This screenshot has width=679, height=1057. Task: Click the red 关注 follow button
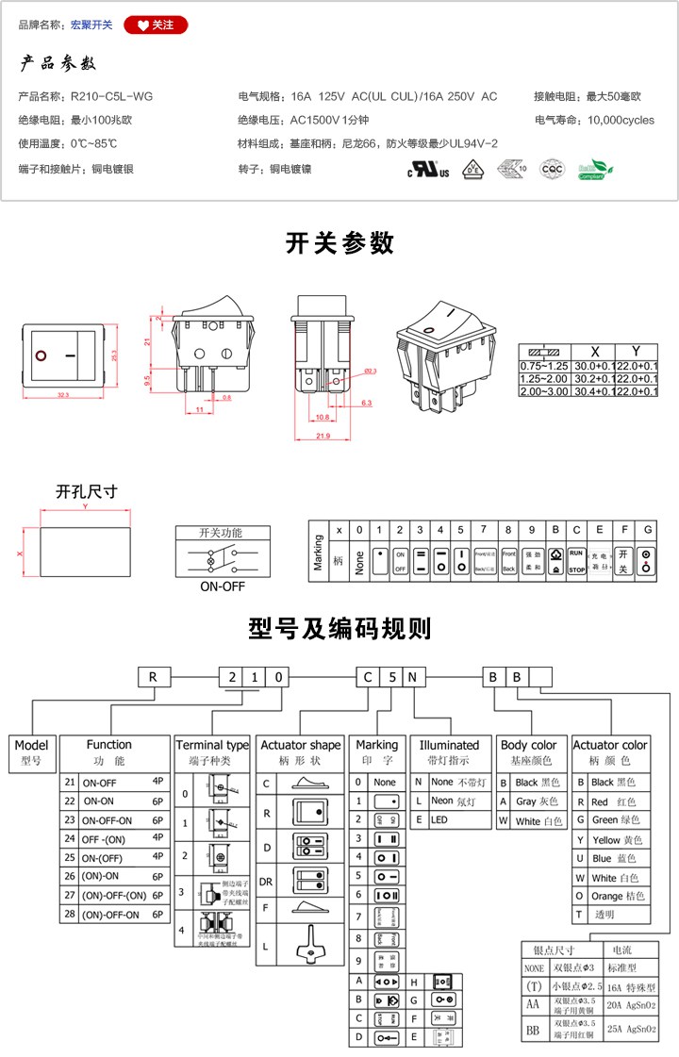[x=156, y=25]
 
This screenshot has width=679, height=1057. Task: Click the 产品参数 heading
[x=58, y=64]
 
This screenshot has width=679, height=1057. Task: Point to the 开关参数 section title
[x=339, y=243]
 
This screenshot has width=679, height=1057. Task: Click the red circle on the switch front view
[x=41, y=356]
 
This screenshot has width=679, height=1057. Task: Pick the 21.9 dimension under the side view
[x=323, y=435]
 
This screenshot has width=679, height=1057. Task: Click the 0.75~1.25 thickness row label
[x=544, y=365]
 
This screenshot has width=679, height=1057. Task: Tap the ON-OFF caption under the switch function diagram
[x=222, y=586]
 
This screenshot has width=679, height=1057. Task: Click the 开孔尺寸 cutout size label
[x=87, y=492]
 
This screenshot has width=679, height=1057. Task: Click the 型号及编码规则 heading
[x=339, y=629]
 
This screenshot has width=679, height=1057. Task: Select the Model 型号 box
[x=31, y=751]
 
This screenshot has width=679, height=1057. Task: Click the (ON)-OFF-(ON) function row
[x=114, y=895]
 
